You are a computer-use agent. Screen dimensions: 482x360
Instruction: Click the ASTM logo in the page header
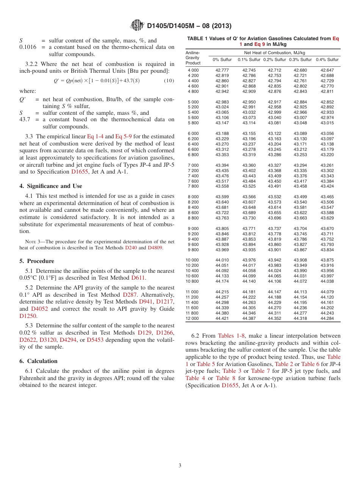pyautogui.click(x=137, y=25)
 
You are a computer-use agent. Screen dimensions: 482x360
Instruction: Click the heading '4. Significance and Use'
pyautogui.click(x=51, y=186)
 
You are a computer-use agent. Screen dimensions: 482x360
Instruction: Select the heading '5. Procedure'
pyautogui.click(x=37, y=261)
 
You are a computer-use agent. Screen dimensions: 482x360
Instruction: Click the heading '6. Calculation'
pyautogui.click(x=38, y=361)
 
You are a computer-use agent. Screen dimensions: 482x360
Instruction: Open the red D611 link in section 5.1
pyautogui.click(x=138, y=278)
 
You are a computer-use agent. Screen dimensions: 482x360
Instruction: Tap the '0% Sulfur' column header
pyautogui.click(x=222, y=60)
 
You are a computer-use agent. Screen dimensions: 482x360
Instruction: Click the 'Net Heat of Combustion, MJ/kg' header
pyautogui.click(x=274, y=53)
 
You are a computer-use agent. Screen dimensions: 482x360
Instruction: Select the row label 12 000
pyautogui.click(x=192, y=319)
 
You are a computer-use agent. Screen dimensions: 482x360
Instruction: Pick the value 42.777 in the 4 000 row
pyautogui.click(x=222, y=70)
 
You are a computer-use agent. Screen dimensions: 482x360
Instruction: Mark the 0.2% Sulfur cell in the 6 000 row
pyautogui.click(x=274, y=134)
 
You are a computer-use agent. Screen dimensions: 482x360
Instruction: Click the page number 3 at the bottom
pyautogui.click(x=180, y=465)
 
